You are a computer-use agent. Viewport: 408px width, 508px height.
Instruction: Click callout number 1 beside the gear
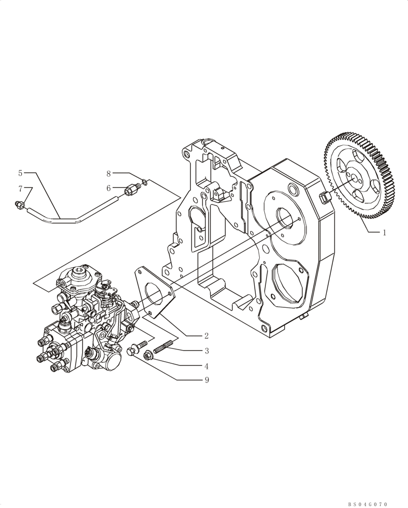[384, 233]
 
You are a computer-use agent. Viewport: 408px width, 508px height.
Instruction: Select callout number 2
[207, 336]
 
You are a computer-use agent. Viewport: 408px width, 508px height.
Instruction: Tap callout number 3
[207, 351]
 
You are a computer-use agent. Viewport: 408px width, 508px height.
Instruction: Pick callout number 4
[207, 366]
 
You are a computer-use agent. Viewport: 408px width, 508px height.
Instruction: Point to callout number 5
[20, 173]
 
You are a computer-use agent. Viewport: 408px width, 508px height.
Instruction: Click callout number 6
[109, 188]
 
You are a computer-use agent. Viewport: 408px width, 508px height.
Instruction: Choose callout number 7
[20, 188]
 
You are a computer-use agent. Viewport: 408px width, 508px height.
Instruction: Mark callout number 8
[109, 173]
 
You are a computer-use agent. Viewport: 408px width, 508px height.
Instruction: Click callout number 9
[207, 380]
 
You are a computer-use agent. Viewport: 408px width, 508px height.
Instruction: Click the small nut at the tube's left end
[18, 205]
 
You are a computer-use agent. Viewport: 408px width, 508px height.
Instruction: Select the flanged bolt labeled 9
[134, 350]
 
